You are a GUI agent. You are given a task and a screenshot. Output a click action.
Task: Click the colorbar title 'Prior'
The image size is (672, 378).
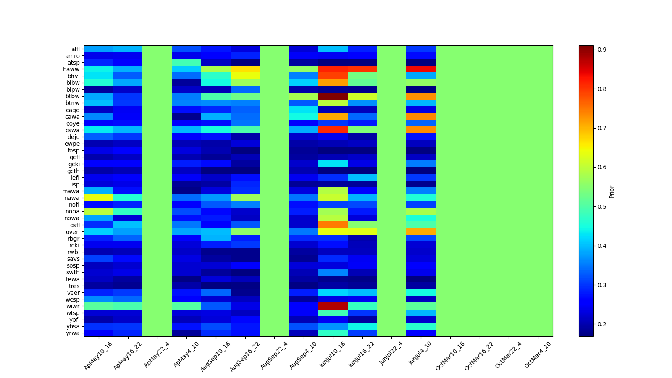[x=612, y=192]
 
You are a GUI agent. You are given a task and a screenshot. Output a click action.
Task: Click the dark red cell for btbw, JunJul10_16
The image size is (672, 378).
[x=333, y=96]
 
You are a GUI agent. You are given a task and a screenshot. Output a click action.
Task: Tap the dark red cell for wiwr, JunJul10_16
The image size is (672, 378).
[x=333, y=306]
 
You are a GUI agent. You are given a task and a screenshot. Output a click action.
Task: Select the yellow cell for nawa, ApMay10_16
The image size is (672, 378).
[x=99, y=198]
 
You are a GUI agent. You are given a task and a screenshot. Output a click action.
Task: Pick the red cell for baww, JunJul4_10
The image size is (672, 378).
[x=421, y=69]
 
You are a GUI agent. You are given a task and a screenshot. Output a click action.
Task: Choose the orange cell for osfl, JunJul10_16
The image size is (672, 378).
[x=333, y=225]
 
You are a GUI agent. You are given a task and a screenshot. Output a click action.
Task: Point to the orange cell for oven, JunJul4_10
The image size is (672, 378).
[x=421, y=232]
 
